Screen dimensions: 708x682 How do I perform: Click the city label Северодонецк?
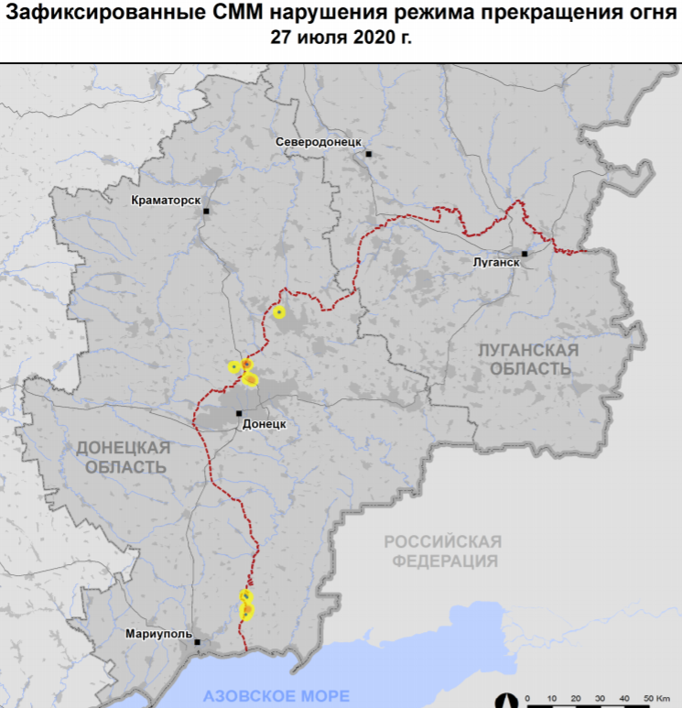coord(319,142)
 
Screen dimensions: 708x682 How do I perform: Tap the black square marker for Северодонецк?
coord(368,154)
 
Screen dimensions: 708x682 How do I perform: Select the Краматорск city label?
coord(166,200)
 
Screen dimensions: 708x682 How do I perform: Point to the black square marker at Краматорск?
coord(207,211)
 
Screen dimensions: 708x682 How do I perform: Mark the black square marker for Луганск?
coord(525,254)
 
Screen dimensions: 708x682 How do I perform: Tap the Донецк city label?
coord(266,424)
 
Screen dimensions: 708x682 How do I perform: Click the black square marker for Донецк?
coord(239,414)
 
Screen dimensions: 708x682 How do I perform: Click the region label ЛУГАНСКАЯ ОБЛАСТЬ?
coord(529,359)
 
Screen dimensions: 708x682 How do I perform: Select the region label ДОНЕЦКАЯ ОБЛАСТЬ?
coord(122,456)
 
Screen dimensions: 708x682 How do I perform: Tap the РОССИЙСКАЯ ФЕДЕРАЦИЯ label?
coord(442,550)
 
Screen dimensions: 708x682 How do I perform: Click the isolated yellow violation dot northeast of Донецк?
coord(279,312)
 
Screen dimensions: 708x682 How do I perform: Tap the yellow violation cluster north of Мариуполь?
coord(246,605)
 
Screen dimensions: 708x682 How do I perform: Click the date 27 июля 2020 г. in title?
coord(341,38)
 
